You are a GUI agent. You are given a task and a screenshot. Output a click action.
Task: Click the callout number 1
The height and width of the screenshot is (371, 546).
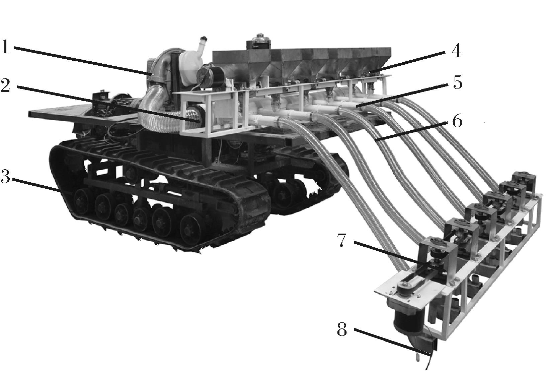tap(5, 47)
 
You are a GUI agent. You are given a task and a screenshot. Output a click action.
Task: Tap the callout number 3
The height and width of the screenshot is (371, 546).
tap(5, 176)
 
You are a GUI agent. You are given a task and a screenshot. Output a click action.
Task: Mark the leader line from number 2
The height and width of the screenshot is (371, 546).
tap(107, 104)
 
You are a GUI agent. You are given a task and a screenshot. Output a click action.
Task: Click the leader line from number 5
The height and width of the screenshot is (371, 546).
tap(402, 95)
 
